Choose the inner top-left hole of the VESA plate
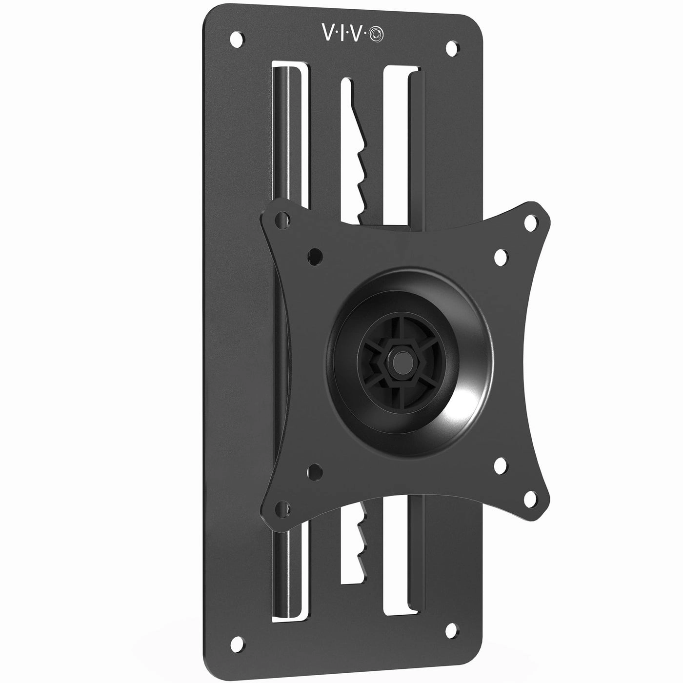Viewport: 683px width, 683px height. tap(316, 255)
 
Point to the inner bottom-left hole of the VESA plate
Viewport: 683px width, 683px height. tap(316, 471)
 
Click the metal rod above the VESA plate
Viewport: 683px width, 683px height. tap(282, 132)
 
